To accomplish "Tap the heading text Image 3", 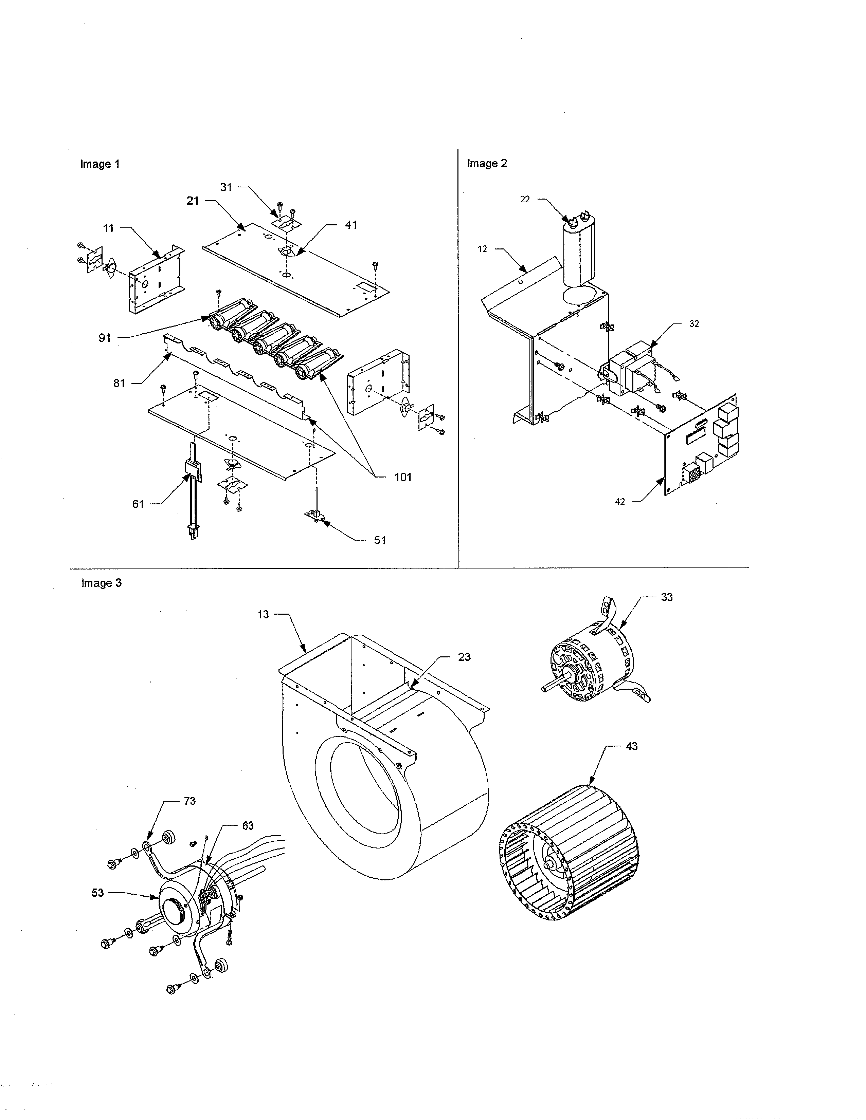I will click(x=101, y=583).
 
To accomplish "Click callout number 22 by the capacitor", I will click(x=524, y=200).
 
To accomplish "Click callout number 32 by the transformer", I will click(x=693, y=323).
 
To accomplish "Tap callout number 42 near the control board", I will click(x=620, y=502).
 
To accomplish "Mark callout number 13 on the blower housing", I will click(x=263, y=614).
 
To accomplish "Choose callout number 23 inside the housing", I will click(x=464, y=657).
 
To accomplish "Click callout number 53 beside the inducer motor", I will click(x=97, y=893).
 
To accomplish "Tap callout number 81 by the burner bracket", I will click(x=119, y=383).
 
